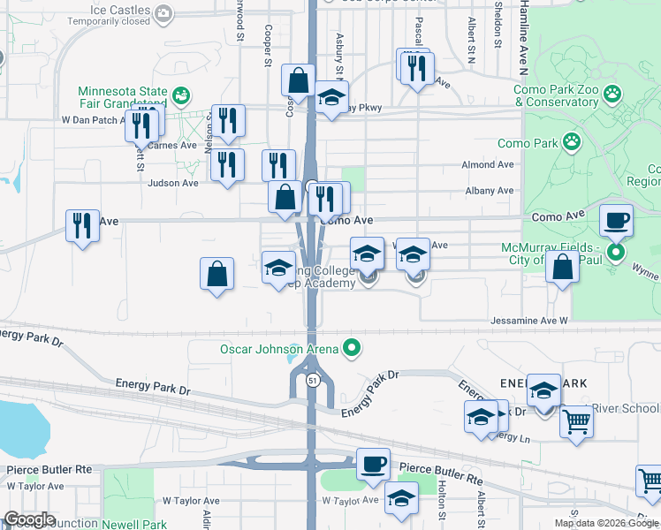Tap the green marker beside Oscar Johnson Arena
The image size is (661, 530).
[353, 348]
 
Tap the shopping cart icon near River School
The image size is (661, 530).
[576, 423]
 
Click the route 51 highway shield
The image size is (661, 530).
[313, 380]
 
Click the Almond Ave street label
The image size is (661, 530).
[487, 165]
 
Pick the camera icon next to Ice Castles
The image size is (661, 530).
[163, 12]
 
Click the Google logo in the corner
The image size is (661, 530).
[29, 519]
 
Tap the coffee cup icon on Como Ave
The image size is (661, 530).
[616, 221]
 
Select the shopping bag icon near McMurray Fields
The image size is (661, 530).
[562, 266]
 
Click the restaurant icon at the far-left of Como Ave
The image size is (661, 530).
[82, 225]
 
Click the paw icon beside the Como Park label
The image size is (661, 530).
[573, 141]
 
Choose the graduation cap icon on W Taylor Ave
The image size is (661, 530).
[401, 500]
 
